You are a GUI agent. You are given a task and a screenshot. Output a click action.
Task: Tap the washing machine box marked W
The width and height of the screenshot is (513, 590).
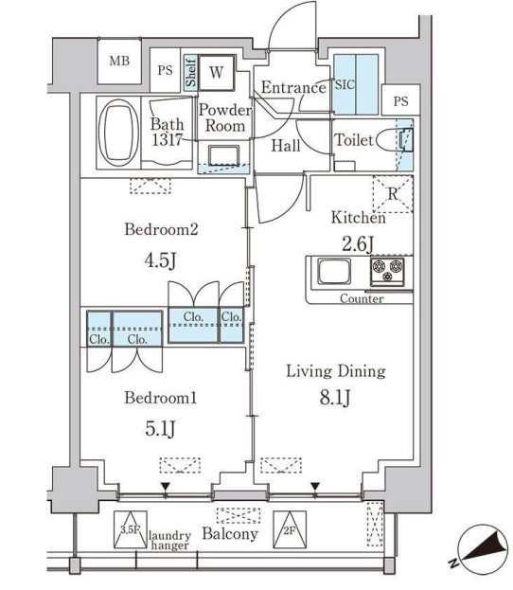coord(217,71)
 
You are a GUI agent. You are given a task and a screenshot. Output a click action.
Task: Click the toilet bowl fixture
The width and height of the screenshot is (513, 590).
coord(391,140)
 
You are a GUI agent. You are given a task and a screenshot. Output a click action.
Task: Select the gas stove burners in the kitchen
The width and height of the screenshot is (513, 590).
coord(386,272)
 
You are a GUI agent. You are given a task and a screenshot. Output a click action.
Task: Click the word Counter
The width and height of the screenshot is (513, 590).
coord(363,299)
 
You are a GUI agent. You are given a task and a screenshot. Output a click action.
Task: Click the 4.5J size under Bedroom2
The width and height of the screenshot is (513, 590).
coord(160,259)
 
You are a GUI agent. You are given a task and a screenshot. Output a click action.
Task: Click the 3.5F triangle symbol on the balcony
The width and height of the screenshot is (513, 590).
coord(130,527)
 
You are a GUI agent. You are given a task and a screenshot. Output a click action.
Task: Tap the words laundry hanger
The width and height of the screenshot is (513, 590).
coord(170,540)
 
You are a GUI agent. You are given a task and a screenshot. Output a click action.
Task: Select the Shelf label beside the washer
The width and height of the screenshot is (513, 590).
coord(190,73)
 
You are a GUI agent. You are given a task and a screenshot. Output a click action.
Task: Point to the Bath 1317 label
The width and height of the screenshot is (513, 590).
coord(167,131)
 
